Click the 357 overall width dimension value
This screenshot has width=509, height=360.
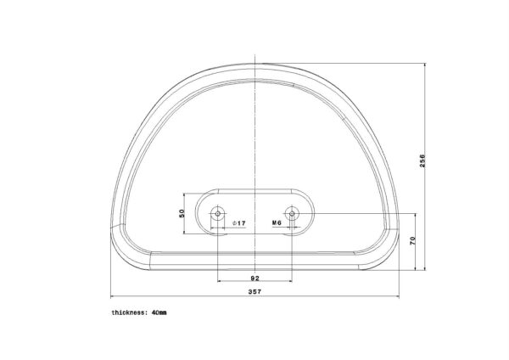pyautogui.click(x=255, y=291)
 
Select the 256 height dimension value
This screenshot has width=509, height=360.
pyautogui.click(x=422, y=160)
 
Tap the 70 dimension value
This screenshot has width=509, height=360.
pyautogui.click(x=412, y=241)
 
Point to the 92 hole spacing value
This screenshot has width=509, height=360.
pyautogui.click(x=255, y=278)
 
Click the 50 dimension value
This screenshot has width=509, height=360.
pyautogui.click(x=182, y=213)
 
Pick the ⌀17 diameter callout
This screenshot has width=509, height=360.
pyautogui.click(x=239, y=223)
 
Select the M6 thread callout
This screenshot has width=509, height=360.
pyautogui.click(x=277, y=222)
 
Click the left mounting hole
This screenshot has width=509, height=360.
pyautogui.click(x=217, y=213)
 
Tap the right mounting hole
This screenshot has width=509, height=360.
pyautogui.click(x=292, y=213)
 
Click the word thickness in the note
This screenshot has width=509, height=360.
pyautogui.click(x=128, y=312)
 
